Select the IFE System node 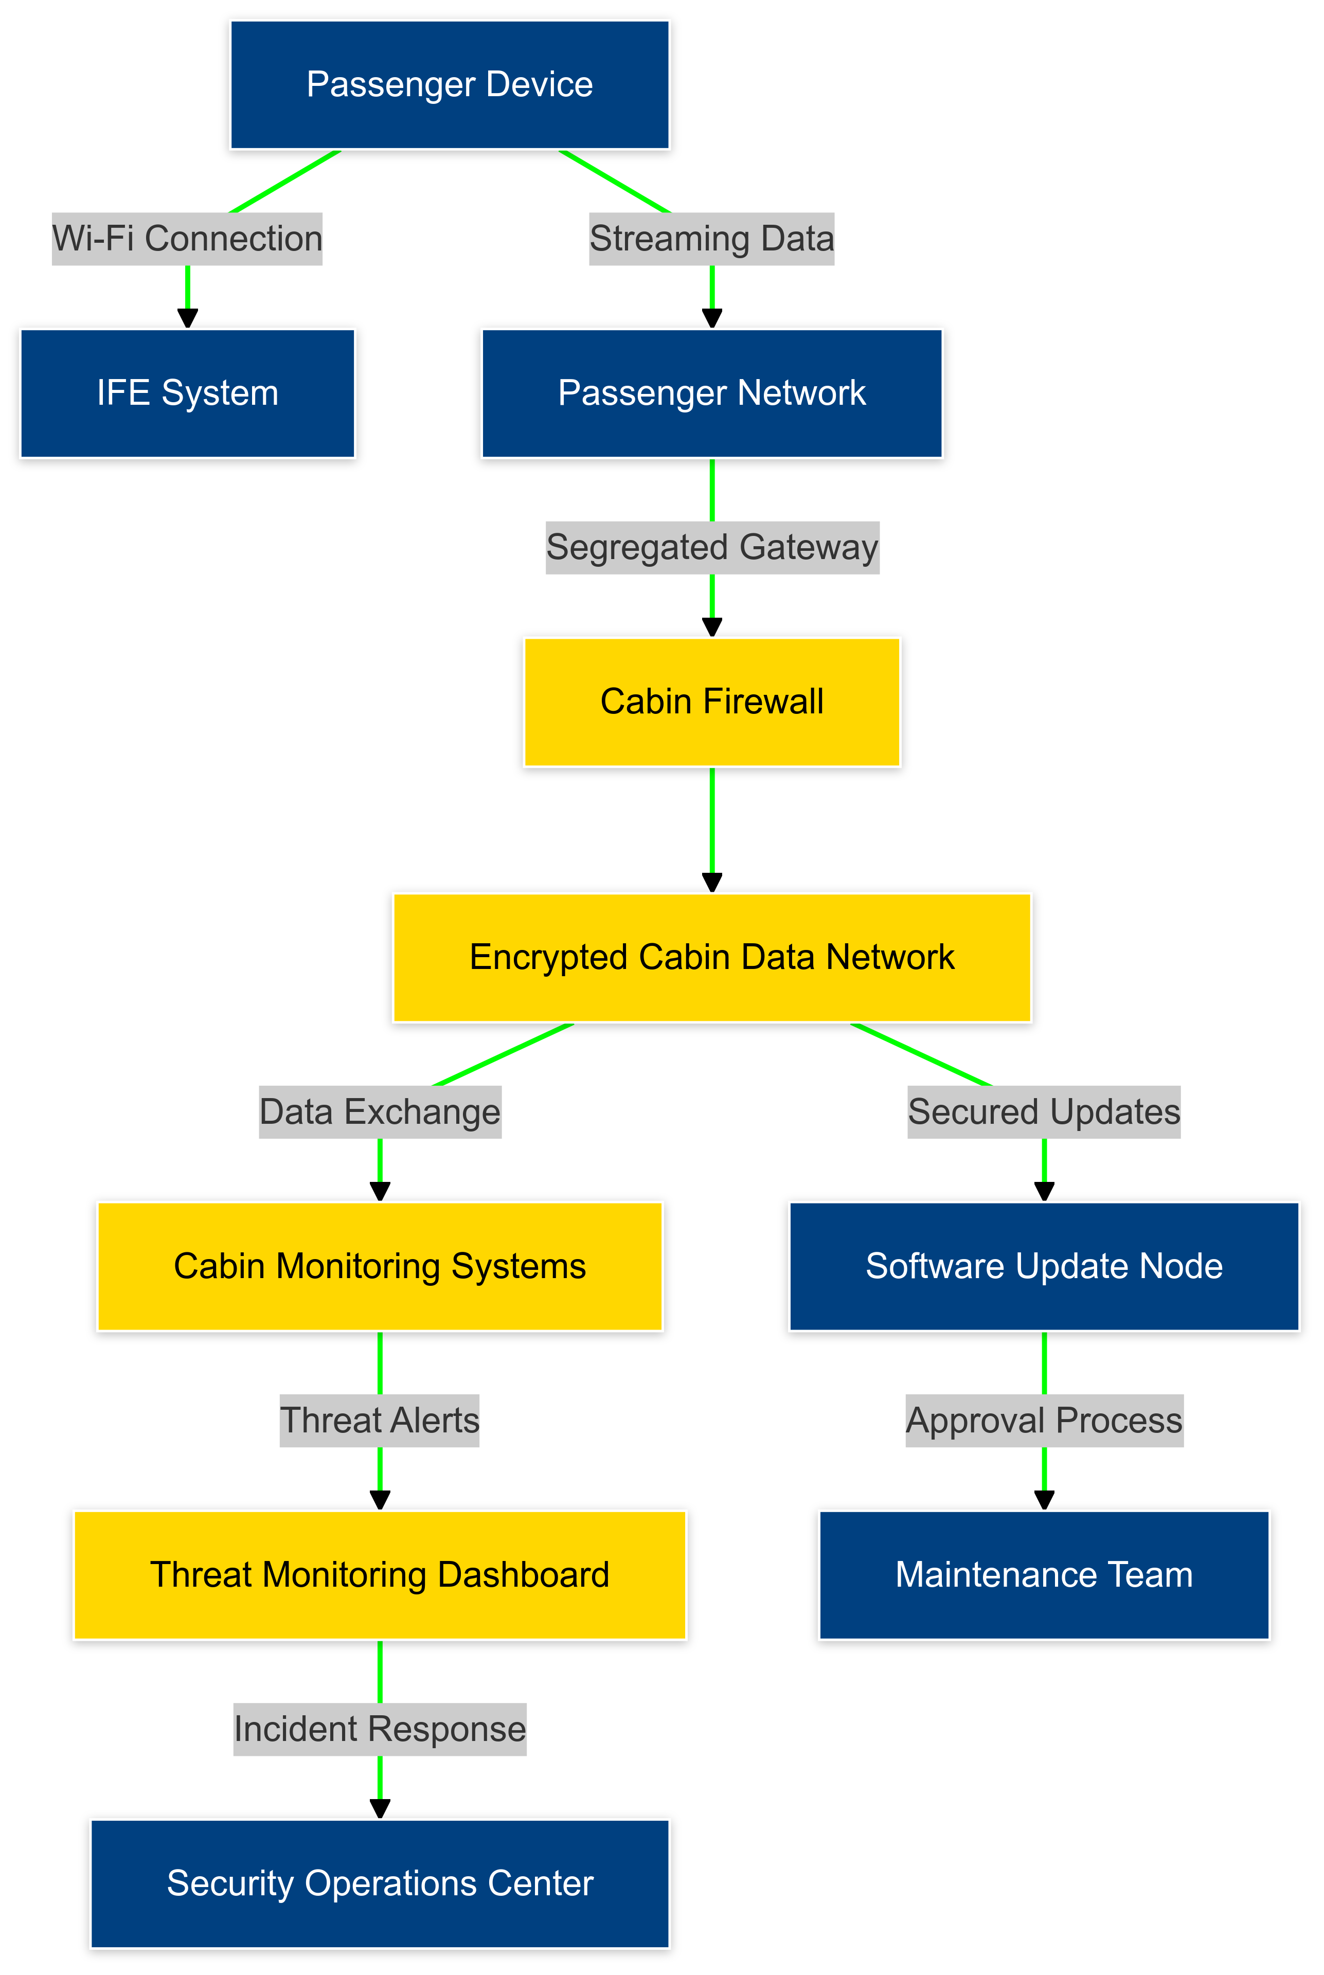pyautogui.click(x=187, y=393)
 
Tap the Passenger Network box pyautogui.click(x=712, y=393)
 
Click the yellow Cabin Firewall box pyautogui.click(x=712, y=702)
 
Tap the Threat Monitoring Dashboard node pyautogui.click(x=380, y=1575)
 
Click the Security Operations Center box pyautogui.click(x=380, y=1883)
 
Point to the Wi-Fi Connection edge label pyautogui.click(x=187, y=239)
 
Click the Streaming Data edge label pyautogui.click(x=712, y=239)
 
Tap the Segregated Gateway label pyautogui.click(x=712, y=547)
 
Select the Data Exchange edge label pyautogui.click(x=380, y=1112)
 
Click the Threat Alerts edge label pyautogui.click(x=380, y=1420)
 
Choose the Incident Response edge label pyautogui.click(x=380, y=1729)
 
